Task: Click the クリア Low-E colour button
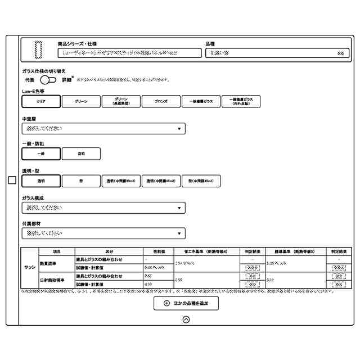click(x=41, y=102)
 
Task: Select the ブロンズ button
click(x=161, y=102)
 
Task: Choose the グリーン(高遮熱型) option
click(x=121, y=102)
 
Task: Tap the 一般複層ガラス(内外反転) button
click(x=241, y=102)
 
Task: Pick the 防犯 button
click(x=81, y=154)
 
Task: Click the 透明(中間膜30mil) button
click(x=121, y=181)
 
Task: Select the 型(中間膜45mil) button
click(x=201, y=181)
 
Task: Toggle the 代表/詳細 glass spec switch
click(x=48, y=80)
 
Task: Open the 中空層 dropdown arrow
click(x=179, y=129)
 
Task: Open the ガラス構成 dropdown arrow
click(x=179, y=208)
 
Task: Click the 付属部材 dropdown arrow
click(x=179, y=233)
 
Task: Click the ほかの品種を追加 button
click(x=186, y=303)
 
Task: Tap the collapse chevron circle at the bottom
click(x=186, y=319)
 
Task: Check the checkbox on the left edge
click(x=12, y=180)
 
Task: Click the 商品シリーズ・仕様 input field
click(x=129, y=53)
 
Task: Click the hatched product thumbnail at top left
click(x=38, y=49)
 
